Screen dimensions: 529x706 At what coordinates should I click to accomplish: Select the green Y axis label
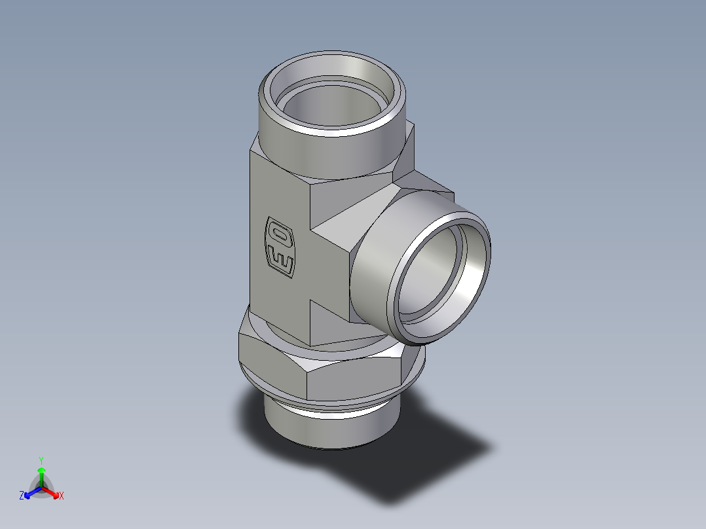(x=41, y=460)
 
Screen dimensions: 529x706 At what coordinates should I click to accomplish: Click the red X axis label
(x=61, y=496)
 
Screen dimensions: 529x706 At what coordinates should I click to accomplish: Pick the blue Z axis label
(x=22, y=496)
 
